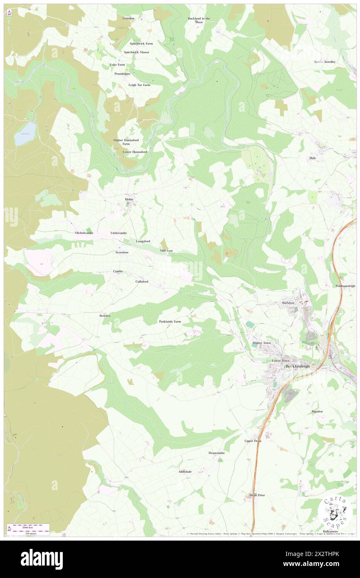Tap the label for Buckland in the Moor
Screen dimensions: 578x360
[x=199, y=20]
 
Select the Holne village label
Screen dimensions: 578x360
[x=128, y=200]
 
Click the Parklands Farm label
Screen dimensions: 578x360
[x=170, y=321]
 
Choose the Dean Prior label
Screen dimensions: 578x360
[x=257, y=495]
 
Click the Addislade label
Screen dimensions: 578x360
[x=185, y=472]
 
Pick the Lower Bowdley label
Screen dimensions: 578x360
[x=325, y=62]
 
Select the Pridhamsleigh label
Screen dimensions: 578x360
[x=345, y=286]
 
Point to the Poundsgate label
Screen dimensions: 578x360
[x=122, y=74]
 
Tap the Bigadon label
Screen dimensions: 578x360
[x=317, y=411]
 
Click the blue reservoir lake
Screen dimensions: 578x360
[x=25, y=133]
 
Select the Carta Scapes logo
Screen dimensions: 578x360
[x=335, y=512]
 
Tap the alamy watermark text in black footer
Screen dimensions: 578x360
[x=42, y=559]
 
